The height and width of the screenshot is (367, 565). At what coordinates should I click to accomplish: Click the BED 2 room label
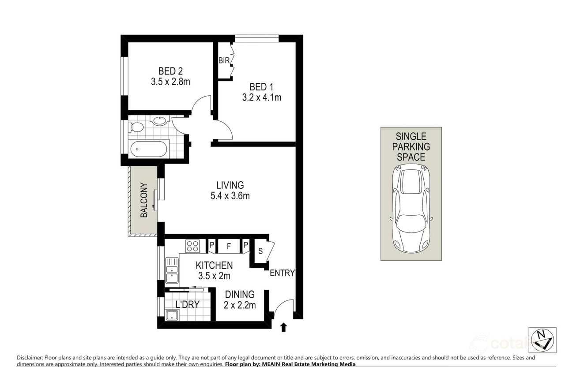[170, 71]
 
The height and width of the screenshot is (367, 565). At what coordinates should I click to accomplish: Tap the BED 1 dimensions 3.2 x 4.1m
[261, 97]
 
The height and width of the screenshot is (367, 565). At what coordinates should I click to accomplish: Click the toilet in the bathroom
[137, 127]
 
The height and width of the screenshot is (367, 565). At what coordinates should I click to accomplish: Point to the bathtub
[149, 149]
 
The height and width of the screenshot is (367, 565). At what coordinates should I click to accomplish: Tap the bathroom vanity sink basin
[158, 120]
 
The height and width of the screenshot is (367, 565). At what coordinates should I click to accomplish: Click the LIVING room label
[230, 185]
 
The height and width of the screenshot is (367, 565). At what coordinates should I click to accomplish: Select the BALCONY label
[144, 200]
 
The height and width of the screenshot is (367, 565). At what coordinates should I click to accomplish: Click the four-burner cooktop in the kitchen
[192, 246]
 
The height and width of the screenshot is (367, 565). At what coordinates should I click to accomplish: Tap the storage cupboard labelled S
[260, 251]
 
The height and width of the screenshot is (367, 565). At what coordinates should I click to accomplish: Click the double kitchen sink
[172, 270]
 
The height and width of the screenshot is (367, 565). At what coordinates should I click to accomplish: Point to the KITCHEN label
[214, 265]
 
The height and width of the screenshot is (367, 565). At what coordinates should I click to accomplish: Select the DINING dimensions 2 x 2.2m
[240, 305]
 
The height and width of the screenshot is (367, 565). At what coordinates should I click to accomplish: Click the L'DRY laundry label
[187, 304]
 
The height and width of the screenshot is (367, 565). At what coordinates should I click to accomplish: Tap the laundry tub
[172, 315]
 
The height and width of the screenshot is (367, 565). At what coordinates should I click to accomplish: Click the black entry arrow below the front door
[283, 327]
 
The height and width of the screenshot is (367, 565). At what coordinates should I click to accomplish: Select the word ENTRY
[282, 273]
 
